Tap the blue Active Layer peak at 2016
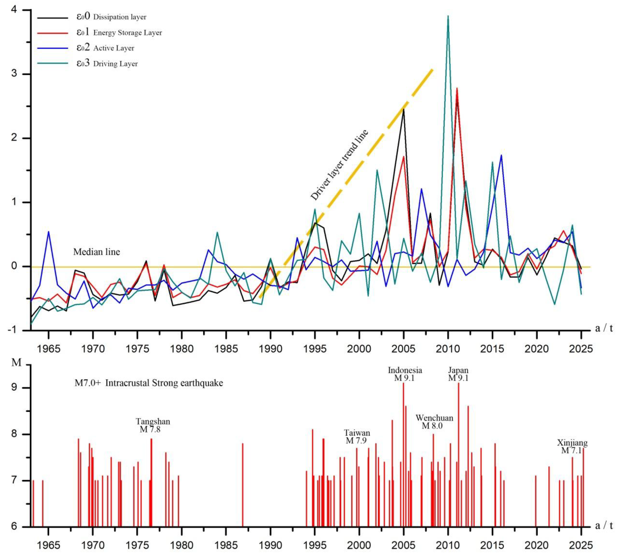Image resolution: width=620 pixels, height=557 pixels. coord(501,155)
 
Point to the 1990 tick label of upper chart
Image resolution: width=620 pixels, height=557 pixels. coord(270,349)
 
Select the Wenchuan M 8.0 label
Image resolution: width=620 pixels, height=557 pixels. coord(434,422)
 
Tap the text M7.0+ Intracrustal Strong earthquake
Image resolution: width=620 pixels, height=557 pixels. coord(149,383)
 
